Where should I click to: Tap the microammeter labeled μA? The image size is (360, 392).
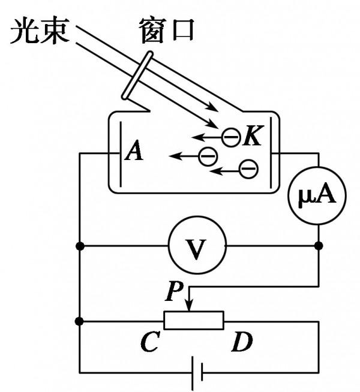point(318,197)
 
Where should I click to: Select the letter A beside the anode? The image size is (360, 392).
point(134,152)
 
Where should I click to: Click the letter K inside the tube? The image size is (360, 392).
point(252,137)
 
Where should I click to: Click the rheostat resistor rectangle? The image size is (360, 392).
point(194,321)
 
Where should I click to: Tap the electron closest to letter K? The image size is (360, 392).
point(230,137)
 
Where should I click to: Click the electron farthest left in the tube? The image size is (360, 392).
point(207,156)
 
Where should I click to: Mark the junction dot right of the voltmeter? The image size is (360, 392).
point(318,246)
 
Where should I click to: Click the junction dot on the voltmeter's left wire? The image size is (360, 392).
point(80,246)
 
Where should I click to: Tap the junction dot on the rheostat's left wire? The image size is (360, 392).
point(80,321)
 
